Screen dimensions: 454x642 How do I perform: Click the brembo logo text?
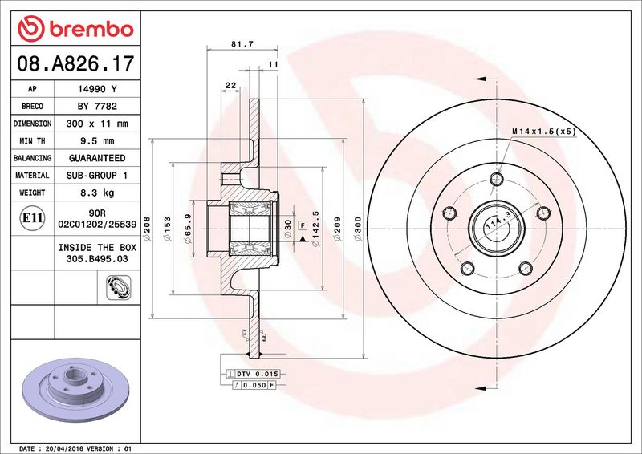tap(75, 30)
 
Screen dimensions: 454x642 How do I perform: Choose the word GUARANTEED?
tap(97, 158)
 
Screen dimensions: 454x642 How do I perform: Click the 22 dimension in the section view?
tap(230, 86)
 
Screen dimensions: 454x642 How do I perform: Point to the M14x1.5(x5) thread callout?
tap(544, 131)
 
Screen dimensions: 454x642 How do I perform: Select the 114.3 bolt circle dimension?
tap(495, 224)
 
